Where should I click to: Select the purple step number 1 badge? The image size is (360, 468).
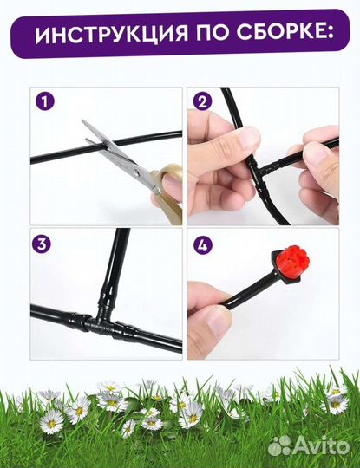[45, 101]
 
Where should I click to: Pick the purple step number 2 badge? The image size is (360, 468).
[203, 101]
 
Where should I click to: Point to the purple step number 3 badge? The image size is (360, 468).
[42, 244]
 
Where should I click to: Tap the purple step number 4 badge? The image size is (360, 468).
[203, 246]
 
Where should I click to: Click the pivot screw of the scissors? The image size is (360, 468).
[135, 172]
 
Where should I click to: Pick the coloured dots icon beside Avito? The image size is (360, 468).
[279, 446]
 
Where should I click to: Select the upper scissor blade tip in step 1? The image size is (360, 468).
[82, 120]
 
